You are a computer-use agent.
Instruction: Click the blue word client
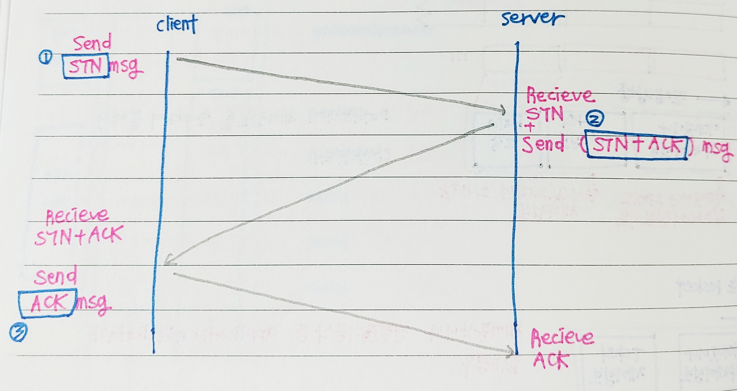tap(177, 24)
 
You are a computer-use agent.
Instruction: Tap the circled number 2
tap(595, 119)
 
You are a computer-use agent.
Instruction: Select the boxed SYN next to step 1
tap(86, 66)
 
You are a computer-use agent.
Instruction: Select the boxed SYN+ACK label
tap(637, 145)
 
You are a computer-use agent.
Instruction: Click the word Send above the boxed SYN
tap(92, 43)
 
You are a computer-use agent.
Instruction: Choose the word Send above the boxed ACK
tap(56, 276)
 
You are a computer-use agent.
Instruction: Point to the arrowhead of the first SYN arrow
tap(503, 110)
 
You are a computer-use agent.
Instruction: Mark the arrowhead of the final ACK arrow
tap(511, 352)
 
